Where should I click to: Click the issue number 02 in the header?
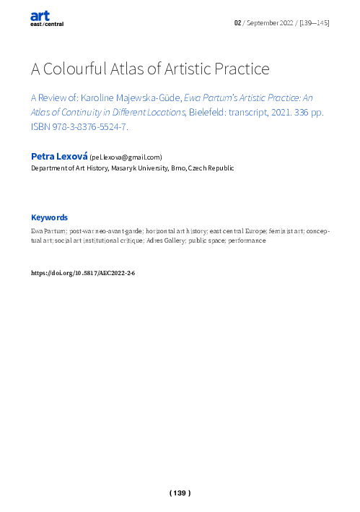[x=237, y=23]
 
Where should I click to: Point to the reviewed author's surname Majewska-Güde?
[x=142, y=96]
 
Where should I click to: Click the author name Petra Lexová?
[x=58, y=157]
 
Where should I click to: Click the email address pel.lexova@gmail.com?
[x=126, y=157]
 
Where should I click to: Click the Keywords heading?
[x=49, y=217]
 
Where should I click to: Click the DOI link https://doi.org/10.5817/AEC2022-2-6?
[x=83, y=274]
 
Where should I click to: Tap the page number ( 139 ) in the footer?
[x=180, y=493]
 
